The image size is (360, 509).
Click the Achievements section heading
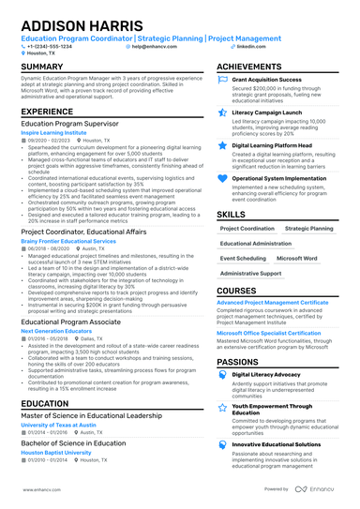click(x=256, y=67)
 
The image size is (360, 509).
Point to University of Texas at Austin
click(x=61, y=426)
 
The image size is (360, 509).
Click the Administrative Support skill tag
click(x=250, y=273)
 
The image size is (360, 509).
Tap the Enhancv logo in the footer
click(x=322, y=489)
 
